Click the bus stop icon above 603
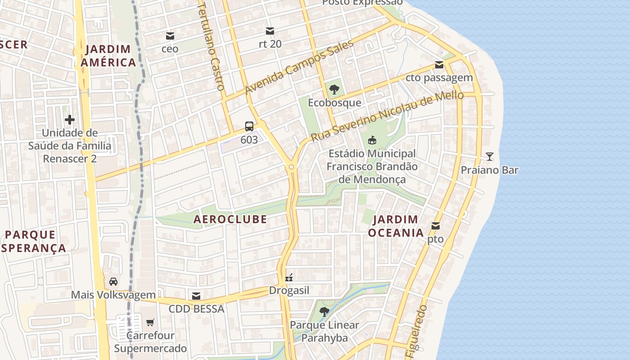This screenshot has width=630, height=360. coord(249,126)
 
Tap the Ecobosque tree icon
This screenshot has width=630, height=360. coord(334,90)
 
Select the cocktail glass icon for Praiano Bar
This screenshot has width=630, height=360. coord(490,157)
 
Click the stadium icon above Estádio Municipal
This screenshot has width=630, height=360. coord(372,140)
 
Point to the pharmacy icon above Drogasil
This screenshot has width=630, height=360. coord(289,277)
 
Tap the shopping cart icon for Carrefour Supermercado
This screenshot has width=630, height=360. coord(150,322)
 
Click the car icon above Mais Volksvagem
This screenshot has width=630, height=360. coord(113,282)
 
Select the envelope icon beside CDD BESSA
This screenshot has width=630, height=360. coord(196,296)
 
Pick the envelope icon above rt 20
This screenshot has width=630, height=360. coord(270,31)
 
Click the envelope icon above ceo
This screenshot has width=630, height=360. coord(170,36)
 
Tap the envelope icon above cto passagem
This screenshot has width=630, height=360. coord(439,65)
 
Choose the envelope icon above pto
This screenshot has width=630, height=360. coord(436,226)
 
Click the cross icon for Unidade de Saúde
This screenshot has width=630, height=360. coord(70,120)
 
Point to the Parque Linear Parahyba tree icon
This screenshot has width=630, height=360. coord(324,311)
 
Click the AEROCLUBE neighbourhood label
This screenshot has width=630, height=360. coord(230,220)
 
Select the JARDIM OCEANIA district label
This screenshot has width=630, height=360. coord(396,226)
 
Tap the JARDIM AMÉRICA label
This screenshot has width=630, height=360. coord(108,56)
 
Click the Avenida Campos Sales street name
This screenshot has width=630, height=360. coord(299,67)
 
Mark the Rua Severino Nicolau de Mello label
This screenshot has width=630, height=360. coord(387,116)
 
